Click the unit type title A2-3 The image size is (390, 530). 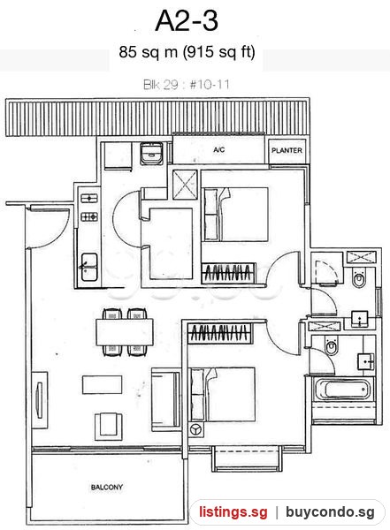tap(187, 21)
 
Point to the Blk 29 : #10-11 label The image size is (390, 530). tap(187, 85)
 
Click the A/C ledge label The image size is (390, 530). tap(219, 150)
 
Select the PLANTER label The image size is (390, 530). tap(287, 150)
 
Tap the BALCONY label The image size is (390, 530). tap(107, 488)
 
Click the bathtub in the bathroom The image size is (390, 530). tap(342, 390)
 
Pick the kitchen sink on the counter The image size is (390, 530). tap(89, 267)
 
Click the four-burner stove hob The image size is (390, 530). tap(89, 216)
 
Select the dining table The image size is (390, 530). tap(125, 332)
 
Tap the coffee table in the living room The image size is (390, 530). tap(102, 384)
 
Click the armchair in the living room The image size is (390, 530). tap(108, 426)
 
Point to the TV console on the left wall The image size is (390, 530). tap(40, 400)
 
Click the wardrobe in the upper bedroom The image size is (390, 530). tap(228, 273)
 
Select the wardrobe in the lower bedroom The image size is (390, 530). tap(219, 334)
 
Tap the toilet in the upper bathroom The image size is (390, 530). tap(359, 278)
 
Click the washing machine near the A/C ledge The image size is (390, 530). tap(152, 153)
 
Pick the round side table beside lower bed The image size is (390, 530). tap(196, 429)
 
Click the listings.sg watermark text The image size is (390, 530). tap(233, 512)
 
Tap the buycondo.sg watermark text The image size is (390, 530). tap(330, 512)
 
